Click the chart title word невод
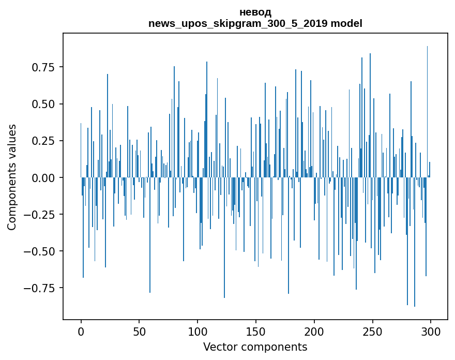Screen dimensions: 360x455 point(255,12)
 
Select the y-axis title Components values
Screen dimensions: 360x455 point(12,177)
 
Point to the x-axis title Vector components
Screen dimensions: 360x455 point(255,347)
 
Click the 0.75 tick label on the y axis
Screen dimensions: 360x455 point(44,67)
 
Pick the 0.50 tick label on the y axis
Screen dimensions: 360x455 point(44,104)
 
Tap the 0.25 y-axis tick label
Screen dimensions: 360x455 point(44,141)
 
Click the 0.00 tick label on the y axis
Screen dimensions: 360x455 point(44,177)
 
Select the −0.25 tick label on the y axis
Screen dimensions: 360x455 point(41,215)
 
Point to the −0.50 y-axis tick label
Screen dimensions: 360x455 point(41,251)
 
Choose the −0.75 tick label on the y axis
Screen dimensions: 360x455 point(41,288)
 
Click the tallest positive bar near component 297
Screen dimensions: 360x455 point(427,103)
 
